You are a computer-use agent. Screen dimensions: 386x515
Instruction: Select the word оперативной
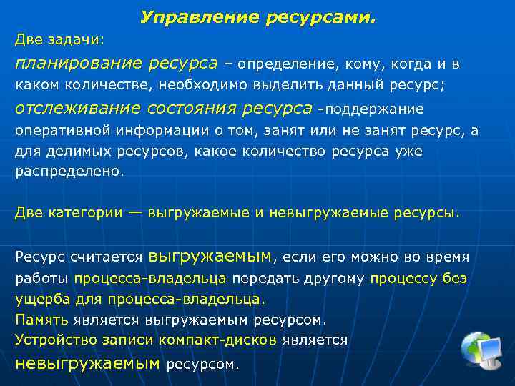click(x=61, y=131)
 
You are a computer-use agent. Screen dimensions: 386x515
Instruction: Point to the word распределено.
click(x=69, y=172)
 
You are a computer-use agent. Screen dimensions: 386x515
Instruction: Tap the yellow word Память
click(x=42, y=320)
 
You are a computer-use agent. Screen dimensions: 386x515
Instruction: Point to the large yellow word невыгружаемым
click(x=87, y=362)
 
